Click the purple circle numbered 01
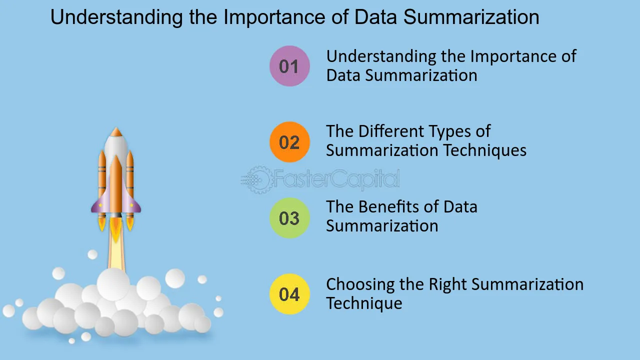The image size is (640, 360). pos(289,66)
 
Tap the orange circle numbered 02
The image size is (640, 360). pos(289,142)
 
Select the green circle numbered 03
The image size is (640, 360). pos(289,218)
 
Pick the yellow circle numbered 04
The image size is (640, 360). pos(289,294)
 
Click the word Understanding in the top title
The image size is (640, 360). pos(116,17)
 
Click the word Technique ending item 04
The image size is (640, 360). pos(364,303)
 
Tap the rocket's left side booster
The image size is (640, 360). pos(102,177)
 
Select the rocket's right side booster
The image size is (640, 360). pos(130,177)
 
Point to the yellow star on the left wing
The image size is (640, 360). pos(100,205)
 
